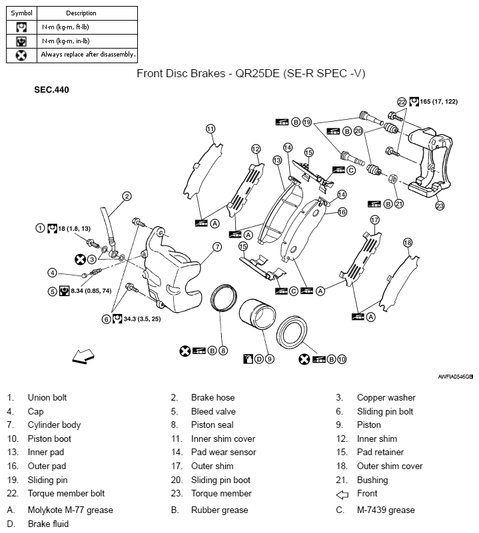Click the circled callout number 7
[x=217, y=247]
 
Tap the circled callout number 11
[x=211, y=128]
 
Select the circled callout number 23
[x=440, y=206]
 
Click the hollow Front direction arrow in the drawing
[x=84, y=357]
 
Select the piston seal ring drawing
[x=223, y=301]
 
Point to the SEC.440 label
[x=51, y=89]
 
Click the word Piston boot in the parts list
[x=49, y=439]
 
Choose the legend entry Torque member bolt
[x=66, y=493]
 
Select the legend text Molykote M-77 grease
[x=70, y=510]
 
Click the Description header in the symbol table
[x=81, y=13]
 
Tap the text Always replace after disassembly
[x=88, y=55]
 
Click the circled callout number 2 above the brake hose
[x=127, y=196]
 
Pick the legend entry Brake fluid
[x=48, y=524]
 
